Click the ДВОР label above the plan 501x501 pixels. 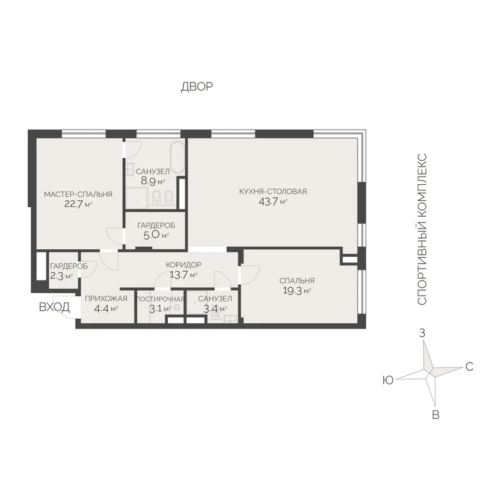pos(197,86)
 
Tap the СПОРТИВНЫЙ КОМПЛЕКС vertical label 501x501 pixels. pos(422,229)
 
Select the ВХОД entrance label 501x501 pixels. pos(54,307)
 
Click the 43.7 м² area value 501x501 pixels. pos(273,202)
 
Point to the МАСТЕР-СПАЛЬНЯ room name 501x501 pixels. pos(78,194)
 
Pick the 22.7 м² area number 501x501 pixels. pos(78,204)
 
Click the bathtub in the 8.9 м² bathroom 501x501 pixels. pos(178,157)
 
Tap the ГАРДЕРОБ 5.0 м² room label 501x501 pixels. pos(156,230)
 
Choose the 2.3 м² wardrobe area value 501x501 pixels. pos(61,276)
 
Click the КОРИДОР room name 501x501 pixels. pos(183,264)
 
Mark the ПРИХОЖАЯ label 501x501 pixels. pos(106,299)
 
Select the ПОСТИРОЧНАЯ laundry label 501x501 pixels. pos(160,299)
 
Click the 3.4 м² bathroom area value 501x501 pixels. pos(215,309)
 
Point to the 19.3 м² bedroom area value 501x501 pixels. pos(297,291)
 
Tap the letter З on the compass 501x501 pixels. pos(422,333)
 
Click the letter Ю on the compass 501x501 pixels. pos(388,380)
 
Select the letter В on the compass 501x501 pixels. pos(435,415)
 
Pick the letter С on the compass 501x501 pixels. pos(469,366)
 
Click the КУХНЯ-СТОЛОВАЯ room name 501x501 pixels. pos(273,192)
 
